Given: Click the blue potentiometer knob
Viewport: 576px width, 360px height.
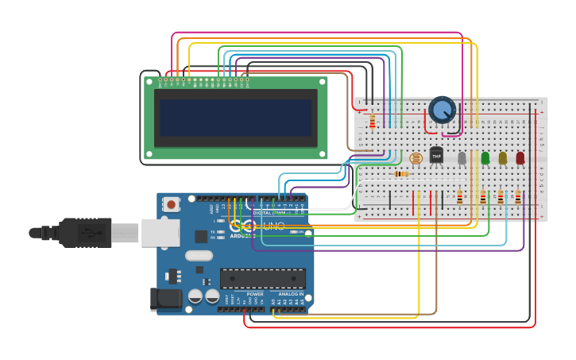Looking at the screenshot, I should pyautogui.click(x=442, y=110).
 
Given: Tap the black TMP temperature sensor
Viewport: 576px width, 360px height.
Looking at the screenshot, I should pyautogui.click(x=436, y=154).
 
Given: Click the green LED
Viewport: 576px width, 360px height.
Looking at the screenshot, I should pyautogui.click(x=485, y=158).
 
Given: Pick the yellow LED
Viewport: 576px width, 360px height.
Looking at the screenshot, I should pyautogui.click(x=503, y=158).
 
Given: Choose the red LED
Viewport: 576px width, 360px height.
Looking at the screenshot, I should pyautogui.click(x=520, y=158).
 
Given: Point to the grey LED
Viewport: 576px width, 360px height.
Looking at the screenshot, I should pyautogui.click(x=462, y=158).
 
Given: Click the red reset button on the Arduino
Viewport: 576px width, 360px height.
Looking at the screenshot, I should pyautogui.click(x=171, y=205).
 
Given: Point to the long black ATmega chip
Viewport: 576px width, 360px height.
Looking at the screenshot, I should pyautogui.click(x=263, y=278).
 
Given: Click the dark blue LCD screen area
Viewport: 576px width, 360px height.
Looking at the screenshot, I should pyautogui.click(x=235, y=118).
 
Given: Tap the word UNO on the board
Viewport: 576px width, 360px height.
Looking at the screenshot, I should pyautogui.click(x=273, y=226).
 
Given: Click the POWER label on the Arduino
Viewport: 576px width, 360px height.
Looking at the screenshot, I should pyautogui.click(x=254, y=294).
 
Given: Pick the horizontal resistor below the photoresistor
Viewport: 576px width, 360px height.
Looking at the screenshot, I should pyautogui.click(x=402, y=174).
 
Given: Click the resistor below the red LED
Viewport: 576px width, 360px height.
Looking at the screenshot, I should pyautogui.click(x=518, y=197).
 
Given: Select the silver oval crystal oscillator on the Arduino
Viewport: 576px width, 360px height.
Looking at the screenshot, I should pyautogui.click(x=199, y=256).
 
